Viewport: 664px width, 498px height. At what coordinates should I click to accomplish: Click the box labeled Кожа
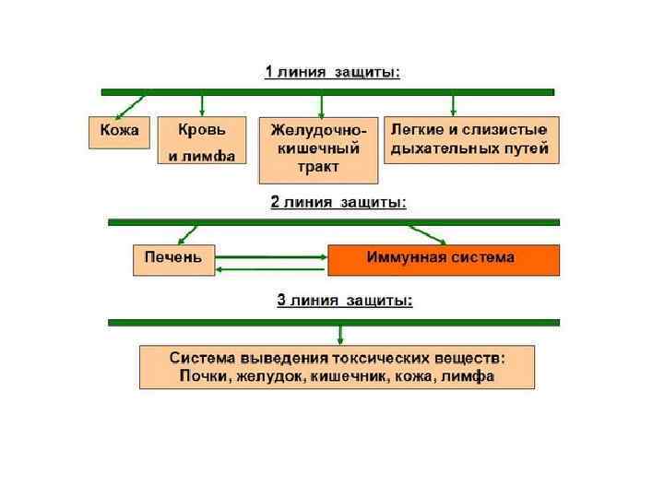(119, 131)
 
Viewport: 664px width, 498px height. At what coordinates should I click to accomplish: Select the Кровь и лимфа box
(201, 141)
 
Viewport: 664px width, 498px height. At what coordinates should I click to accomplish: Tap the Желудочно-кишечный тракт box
(319, 149)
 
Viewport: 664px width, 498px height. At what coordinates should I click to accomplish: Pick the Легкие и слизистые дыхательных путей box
(470, 139)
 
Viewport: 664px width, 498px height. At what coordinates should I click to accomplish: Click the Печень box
(173, 257)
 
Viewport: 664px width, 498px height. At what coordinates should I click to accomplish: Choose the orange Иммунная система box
(443, 258)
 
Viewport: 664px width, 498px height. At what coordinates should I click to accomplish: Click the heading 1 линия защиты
(332, 73)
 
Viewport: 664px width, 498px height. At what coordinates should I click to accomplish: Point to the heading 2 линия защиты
(338, 201)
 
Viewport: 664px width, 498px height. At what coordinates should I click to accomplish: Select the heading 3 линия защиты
(344, 300)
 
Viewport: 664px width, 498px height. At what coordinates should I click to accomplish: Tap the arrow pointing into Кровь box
(202, 105)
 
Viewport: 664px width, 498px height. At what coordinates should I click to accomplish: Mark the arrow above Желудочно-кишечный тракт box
(321, 105)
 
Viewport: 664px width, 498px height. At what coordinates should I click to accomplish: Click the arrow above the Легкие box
(452, 104)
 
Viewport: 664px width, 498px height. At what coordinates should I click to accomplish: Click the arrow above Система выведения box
(340, 334)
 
